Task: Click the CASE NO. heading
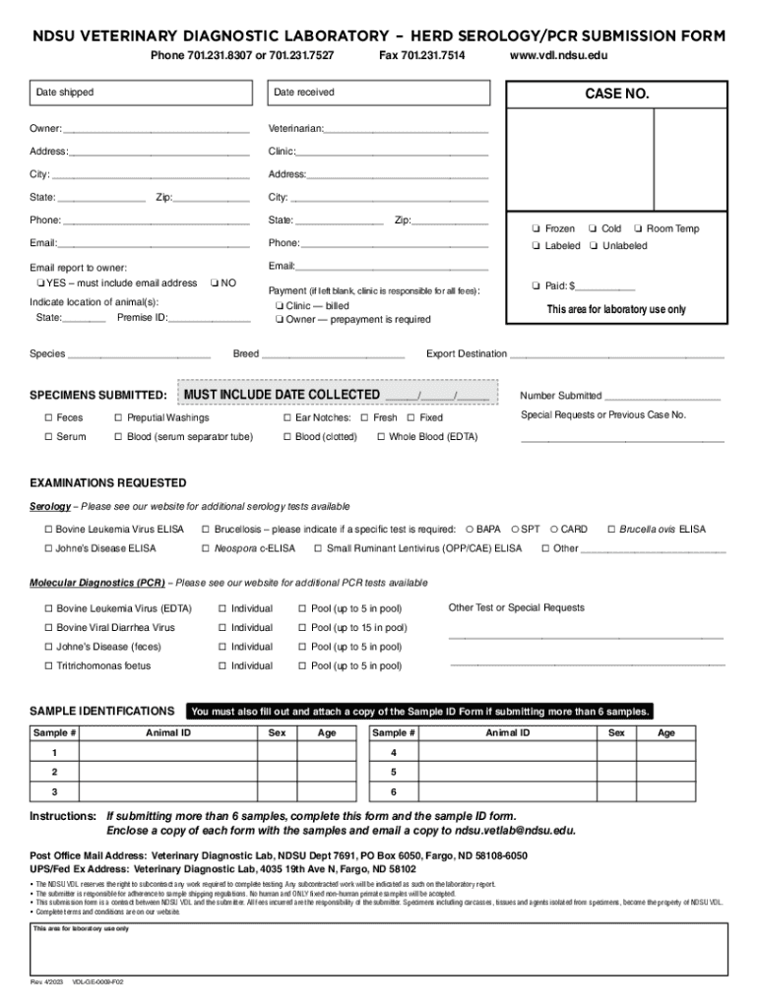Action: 617,94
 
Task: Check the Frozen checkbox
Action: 537,229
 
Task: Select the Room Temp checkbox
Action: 638,229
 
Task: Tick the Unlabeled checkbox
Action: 594,246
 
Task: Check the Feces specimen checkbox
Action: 47,418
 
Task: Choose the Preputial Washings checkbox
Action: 118,418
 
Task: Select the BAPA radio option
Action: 469,530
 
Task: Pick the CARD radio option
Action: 553,530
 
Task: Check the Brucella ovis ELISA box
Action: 611,530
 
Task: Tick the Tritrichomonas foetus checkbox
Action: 47,666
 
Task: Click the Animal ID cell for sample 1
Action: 168,753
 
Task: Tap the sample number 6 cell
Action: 393,792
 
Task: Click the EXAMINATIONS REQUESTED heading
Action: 108,483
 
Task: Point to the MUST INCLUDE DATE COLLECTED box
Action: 336,396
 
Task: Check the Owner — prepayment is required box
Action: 281,320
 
